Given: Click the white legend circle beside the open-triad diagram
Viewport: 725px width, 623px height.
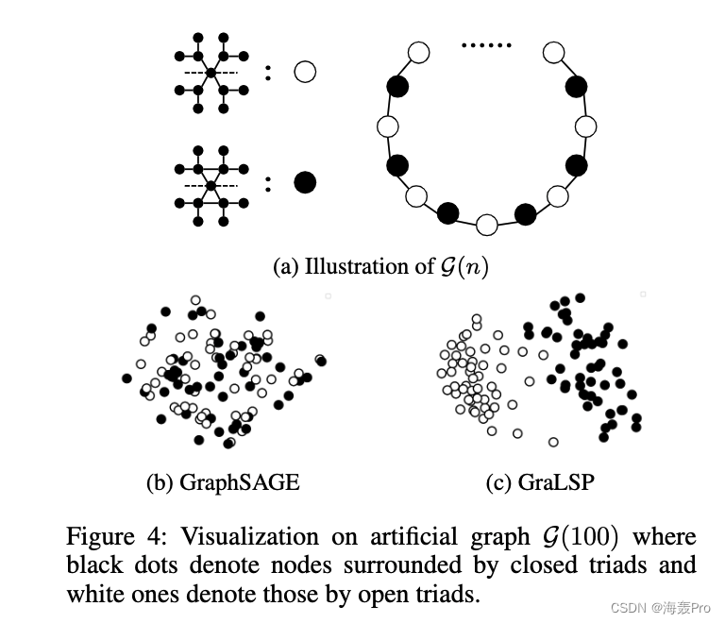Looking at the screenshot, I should click(304, 72).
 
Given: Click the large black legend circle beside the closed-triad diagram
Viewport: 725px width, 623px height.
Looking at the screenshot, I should click(304, 182).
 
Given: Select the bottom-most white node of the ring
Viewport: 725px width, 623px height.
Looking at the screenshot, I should click(486, 224).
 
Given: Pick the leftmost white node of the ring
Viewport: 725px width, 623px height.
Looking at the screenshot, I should click(387, 126).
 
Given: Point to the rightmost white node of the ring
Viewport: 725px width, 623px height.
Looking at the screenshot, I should click(585, 126).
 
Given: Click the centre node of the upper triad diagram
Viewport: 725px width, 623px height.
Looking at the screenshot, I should click(211, 73).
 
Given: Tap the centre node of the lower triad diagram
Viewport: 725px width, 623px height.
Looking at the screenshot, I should click(211, 185).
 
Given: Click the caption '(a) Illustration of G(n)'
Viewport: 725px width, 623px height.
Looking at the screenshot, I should click(380, 267).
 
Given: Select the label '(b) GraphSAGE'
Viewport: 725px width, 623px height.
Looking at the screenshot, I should click(223, 482).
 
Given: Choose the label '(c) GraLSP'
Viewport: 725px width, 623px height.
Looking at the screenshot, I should click(540, 482).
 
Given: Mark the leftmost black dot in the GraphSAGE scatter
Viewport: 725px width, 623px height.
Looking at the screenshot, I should click(127, 379).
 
